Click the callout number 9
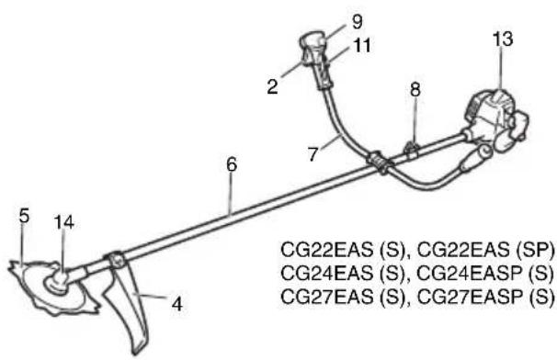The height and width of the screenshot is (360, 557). [357, 22]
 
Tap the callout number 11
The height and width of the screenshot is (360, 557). [362, 45]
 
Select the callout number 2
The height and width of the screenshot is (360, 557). [272, 86]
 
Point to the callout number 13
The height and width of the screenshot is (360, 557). [503, 39]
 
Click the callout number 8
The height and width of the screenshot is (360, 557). [415, 89]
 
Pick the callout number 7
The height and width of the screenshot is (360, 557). [313, 154]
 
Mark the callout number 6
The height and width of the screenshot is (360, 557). [232, 164]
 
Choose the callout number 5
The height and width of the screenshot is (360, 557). [24, 216]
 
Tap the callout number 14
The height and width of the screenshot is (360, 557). [64, 222]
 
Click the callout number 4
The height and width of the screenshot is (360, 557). [176, 304]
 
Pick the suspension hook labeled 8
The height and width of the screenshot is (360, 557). [412, 149]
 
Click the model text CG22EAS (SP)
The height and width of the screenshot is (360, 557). [485, 250]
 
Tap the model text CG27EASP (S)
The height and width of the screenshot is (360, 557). [485, 297]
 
